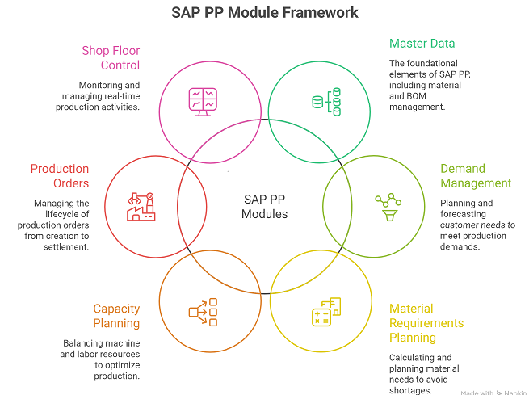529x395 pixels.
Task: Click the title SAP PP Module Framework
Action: (265, 13)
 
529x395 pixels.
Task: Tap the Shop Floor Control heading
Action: (111, 58)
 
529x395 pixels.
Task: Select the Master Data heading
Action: (422, 44)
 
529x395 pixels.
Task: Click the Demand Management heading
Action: (475, 176)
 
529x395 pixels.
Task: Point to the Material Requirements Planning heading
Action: (426, 323)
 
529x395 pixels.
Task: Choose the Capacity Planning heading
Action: (116, 316)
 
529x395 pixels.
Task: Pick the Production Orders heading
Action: (60, 176)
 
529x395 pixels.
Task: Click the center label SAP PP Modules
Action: (265, 207)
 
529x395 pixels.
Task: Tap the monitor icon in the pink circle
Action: (203, 99)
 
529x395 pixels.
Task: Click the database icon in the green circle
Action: (325, 102)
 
